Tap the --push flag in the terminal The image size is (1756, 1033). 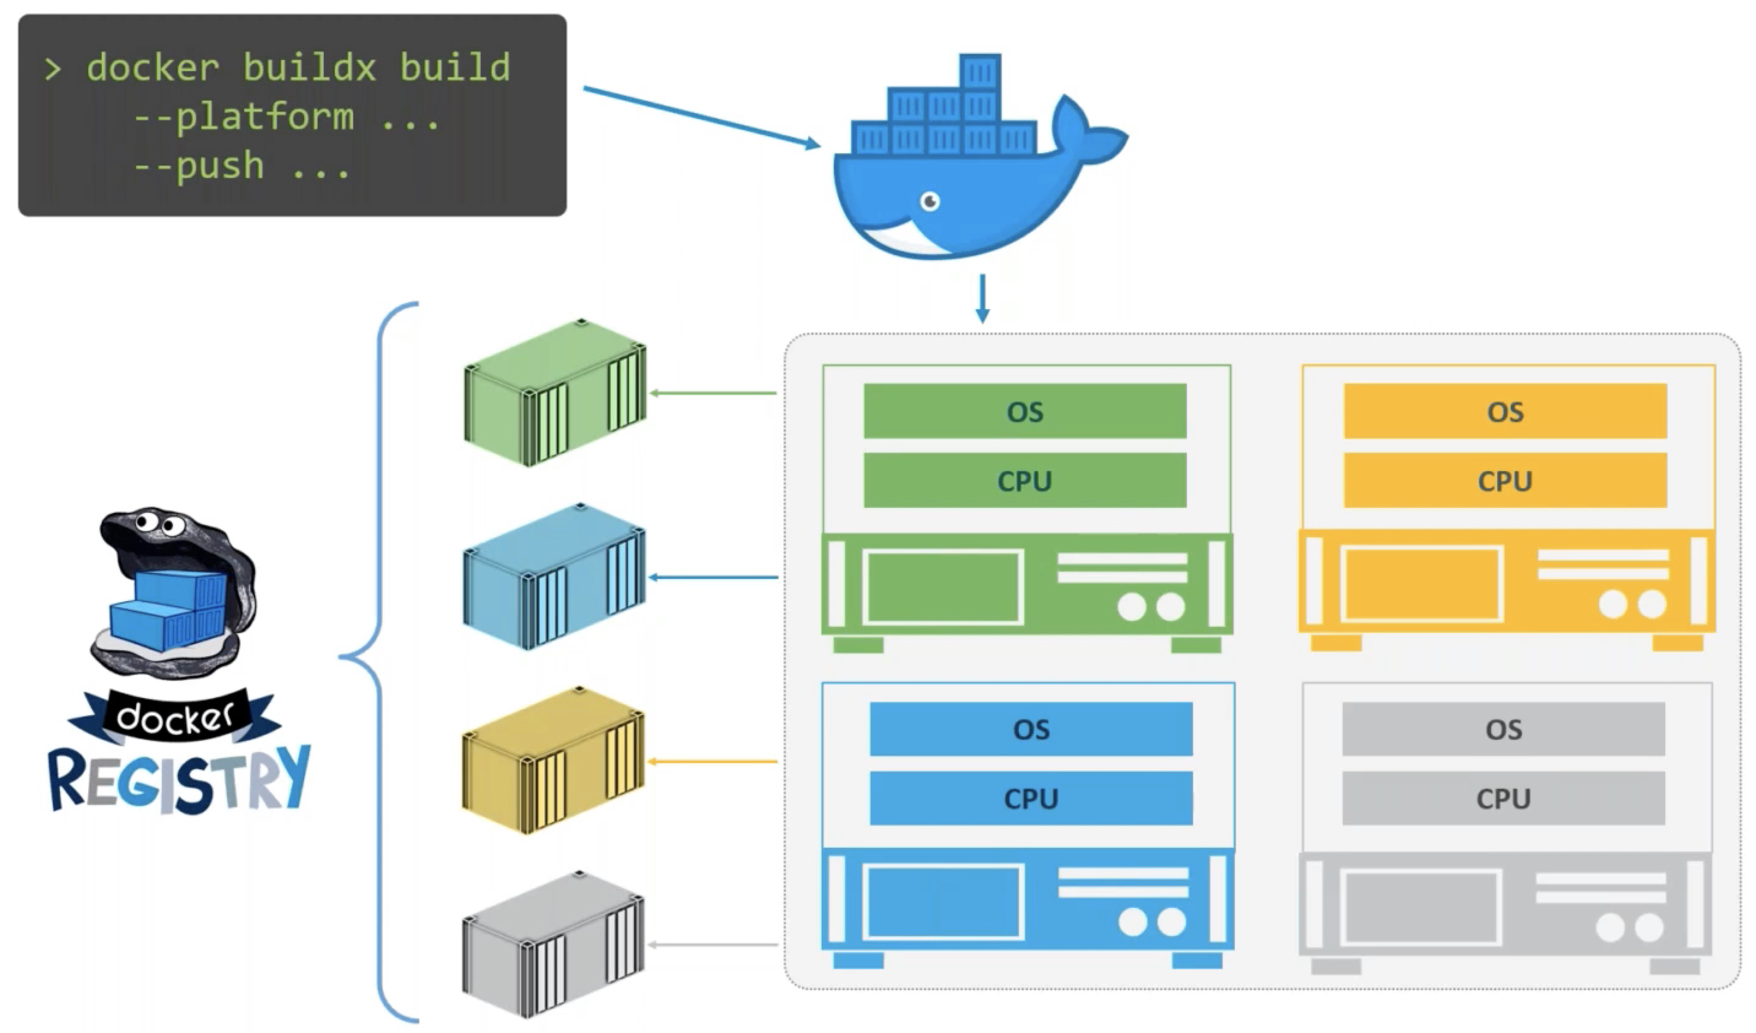click(x=199, y=166)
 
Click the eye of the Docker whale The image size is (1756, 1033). click(x=930, y=201)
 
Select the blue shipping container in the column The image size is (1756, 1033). click(x=555, y=577)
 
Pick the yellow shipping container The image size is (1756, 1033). click(x=553, y=761)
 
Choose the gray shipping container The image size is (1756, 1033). click(x=553, y=945)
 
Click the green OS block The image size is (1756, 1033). click(x=1025, y=411)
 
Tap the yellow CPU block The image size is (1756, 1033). click(x=1505, y=481)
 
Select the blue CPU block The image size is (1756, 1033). click(x=1031, y=798)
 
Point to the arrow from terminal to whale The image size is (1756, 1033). click(x=700, y=117)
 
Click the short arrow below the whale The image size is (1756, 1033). click(x=982, y=298)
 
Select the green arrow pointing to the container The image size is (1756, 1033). click(x=713, y=393)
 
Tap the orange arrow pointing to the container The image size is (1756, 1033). click(x=713, y=762)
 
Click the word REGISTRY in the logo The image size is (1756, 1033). click(x=179, y=779)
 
